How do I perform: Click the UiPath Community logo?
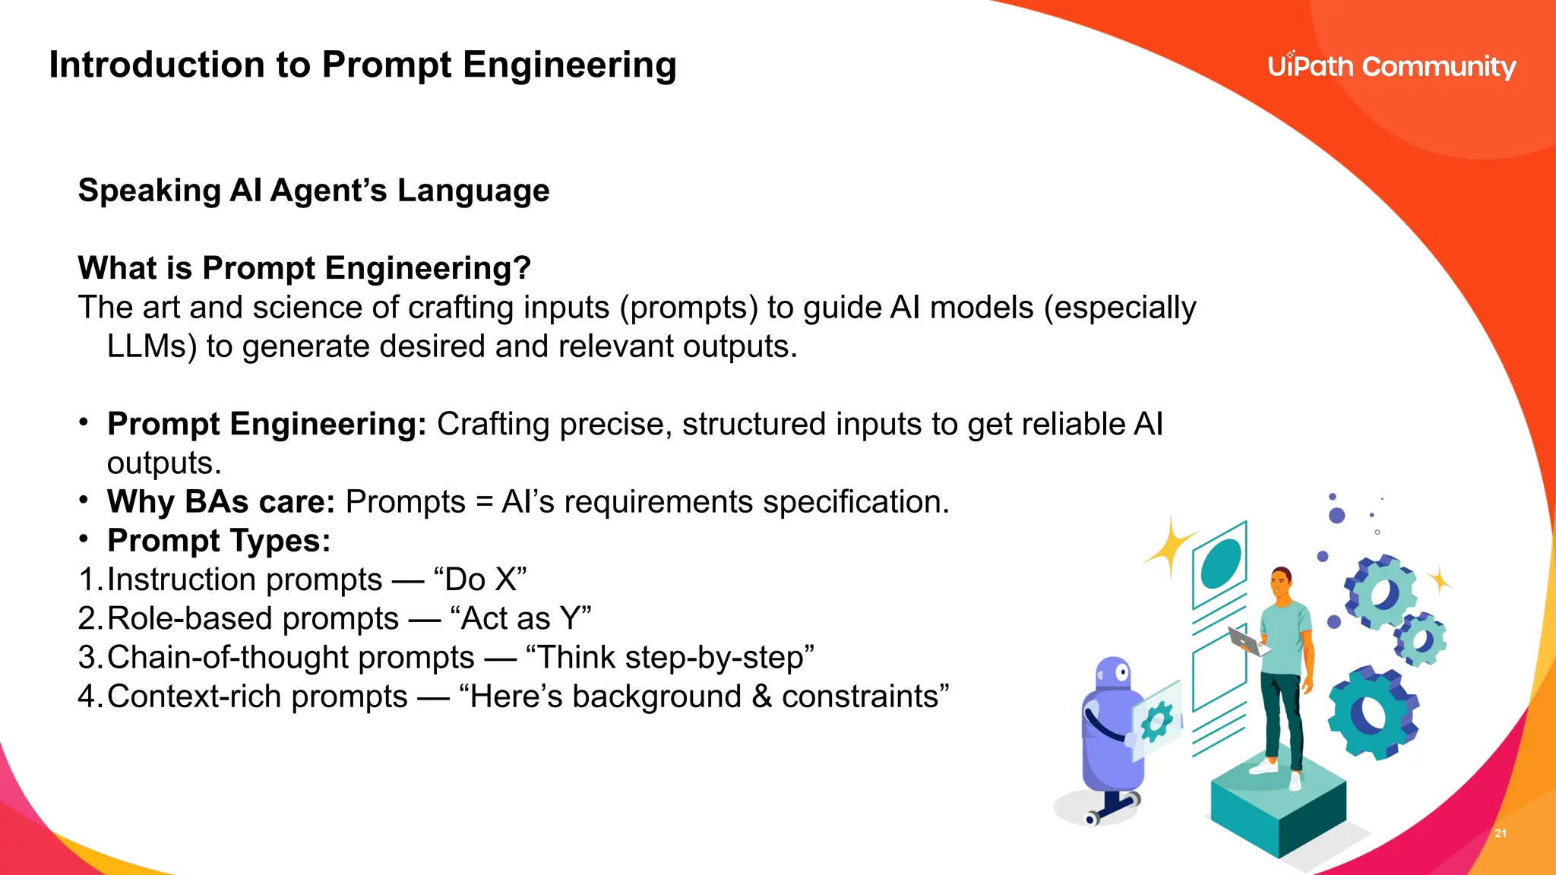tap(1391, 66)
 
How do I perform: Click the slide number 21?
tap(1501, 833)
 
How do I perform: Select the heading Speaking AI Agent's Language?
tap(314, 190)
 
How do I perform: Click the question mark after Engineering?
tap(522, 268)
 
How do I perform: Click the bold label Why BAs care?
tap(220, 501)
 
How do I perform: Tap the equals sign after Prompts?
tap(484, 503)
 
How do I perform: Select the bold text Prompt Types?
tap(219, 541)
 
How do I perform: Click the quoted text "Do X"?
tap(480, 580)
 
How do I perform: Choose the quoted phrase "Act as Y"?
tap(520, 618)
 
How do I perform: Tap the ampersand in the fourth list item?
tap(761, 697)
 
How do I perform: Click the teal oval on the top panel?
tap(1221, 563)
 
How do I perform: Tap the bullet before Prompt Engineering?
tap(84, 422)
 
